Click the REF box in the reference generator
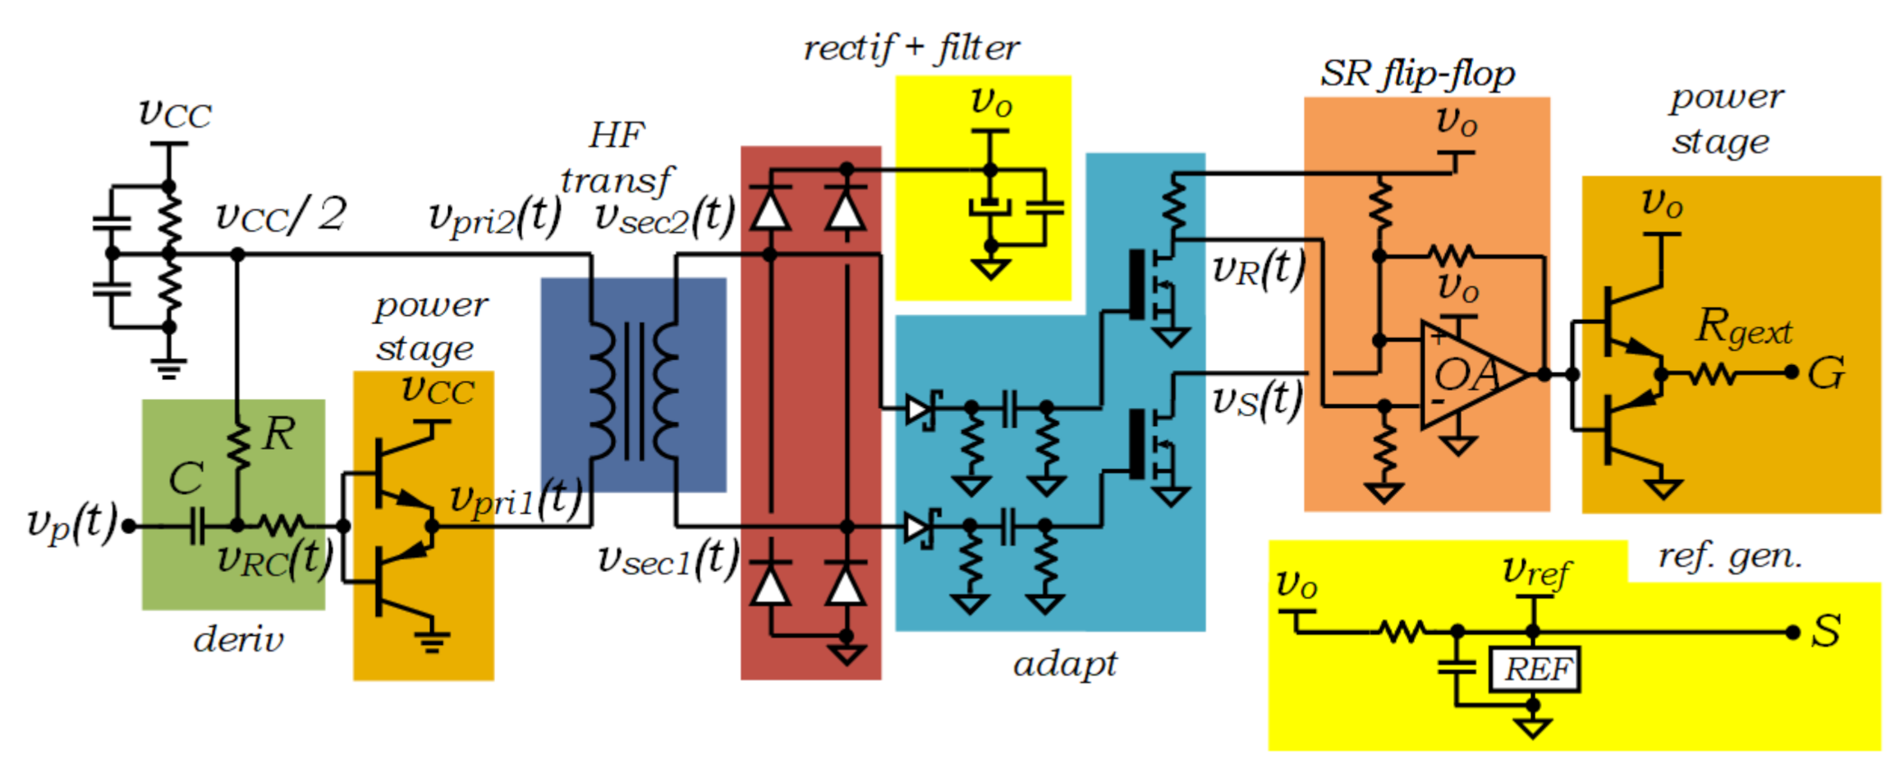pos(1534,670)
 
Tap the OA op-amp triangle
pos(1466,375)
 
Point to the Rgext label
pos(1743,328)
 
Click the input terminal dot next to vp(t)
pos(129,526)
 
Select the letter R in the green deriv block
pos(279,434)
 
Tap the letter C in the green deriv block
pos(186,478)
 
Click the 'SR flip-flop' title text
pos(1417,75)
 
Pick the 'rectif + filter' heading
pos(911,48)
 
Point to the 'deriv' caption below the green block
pos(238,639)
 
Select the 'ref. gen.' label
pos(1730,557)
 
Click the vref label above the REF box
pos(1536,571)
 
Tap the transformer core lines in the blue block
pos(634,391)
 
